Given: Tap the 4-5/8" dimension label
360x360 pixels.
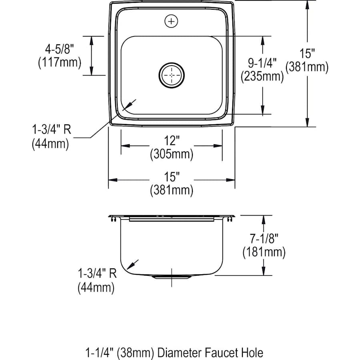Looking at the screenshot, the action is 60,49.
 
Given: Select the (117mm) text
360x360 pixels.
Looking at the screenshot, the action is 60,62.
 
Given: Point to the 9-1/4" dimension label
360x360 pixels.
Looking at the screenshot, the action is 262,63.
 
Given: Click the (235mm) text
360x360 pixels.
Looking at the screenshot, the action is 262,76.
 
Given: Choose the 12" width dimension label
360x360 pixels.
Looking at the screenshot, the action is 172,140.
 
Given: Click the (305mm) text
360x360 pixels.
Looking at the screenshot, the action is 172,154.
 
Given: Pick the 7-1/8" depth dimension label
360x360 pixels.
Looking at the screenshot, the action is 264,238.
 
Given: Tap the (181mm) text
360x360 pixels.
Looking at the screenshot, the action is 264,252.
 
